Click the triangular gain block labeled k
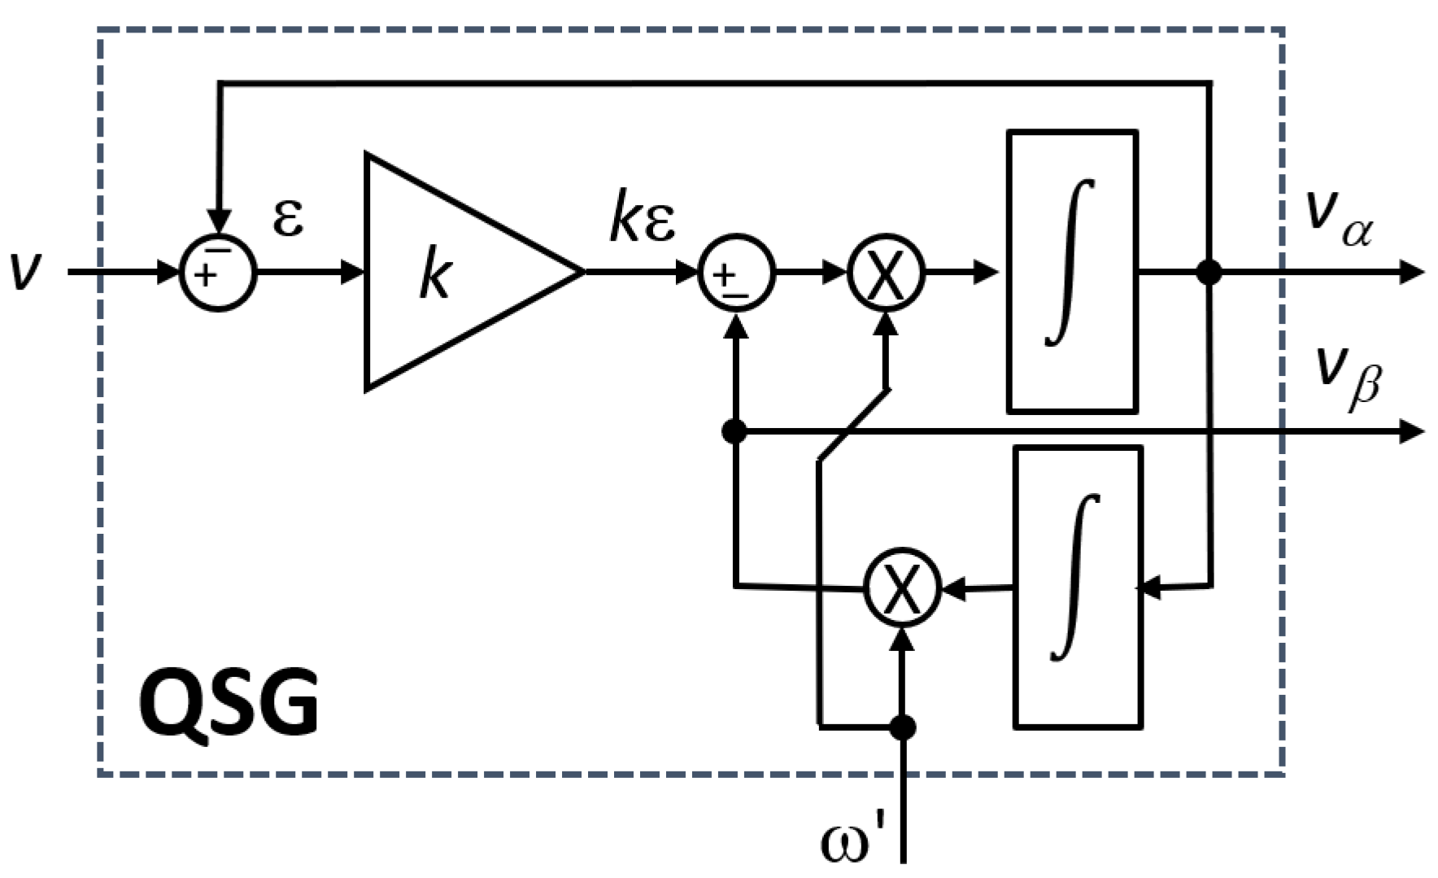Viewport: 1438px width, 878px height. pos(455,273)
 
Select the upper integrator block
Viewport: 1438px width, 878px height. pos(1071,271)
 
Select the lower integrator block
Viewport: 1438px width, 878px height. pos(1078,587)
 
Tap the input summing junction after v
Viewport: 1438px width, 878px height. pos(217,273)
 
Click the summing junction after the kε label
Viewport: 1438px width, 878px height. pos(736,273)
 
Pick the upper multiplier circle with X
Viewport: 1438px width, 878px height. pos(887,273)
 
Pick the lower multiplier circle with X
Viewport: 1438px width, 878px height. pos(901,588)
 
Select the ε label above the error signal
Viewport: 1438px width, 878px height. pos(288,218)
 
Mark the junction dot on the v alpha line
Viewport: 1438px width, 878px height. pos(1209,272)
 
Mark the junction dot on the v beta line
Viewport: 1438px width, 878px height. pos(734,431)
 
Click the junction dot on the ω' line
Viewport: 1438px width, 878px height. pos(902,727)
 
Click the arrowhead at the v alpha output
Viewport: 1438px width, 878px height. pos(1412,272)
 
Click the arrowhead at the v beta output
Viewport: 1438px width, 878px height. pos(1412,431)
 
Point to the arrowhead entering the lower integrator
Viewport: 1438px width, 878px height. pos(1148,587)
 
